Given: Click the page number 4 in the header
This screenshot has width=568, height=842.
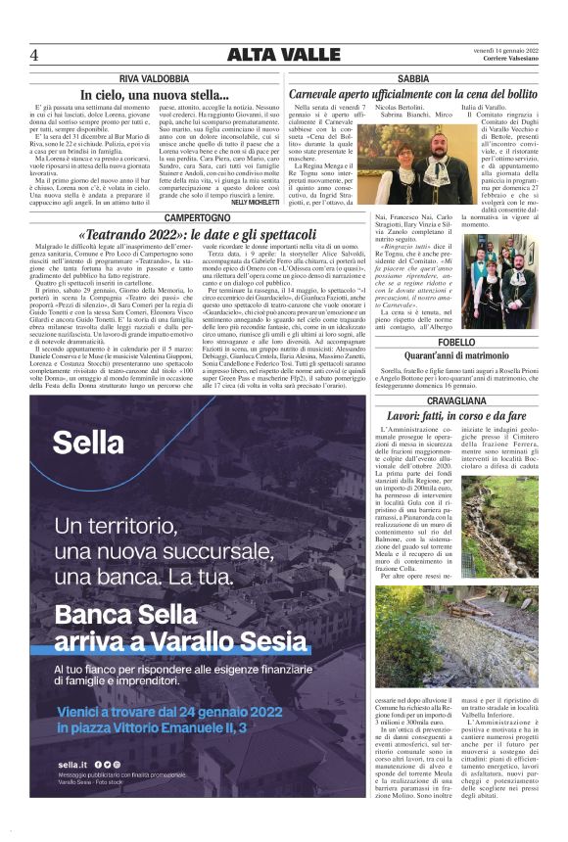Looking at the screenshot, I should (34, 54).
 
